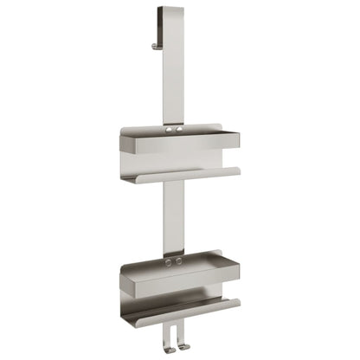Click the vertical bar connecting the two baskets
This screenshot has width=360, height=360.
[x=171, y=216]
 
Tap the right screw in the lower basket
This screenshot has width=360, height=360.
[x=178, y=260]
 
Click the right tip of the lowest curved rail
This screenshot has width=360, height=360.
[x=237, y=301]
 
